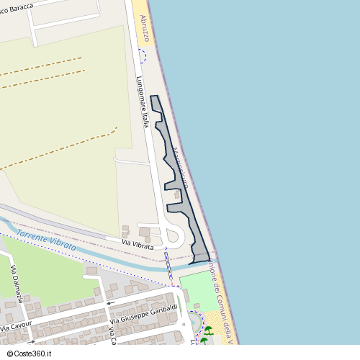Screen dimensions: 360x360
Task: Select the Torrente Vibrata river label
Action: (x=45, y=240)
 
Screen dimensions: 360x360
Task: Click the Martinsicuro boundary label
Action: (x=181, y=168)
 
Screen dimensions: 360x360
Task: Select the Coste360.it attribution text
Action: (x=29, y=354)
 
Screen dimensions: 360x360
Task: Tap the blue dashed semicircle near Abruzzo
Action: (x=143, y=55)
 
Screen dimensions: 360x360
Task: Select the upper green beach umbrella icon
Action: (x=208, y=330)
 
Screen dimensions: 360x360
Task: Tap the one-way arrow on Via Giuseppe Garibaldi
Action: (x=111, y=303)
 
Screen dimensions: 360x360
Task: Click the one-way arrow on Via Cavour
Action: (x=31, y=341)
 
